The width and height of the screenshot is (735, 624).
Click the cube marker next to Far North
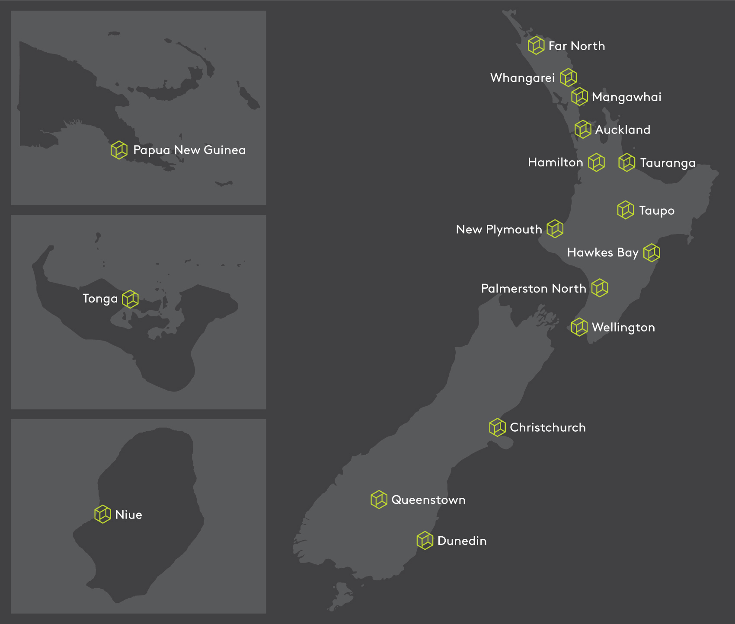[536, 45]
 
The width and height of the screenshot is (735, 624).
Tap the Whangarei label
[522, 78]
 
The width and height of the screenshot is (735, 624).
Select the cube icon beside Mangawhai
[579, 97]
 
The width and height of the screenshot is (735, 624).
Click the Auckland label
[623, 130]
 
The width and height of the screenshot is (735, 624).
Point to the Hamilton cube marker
[596, 162]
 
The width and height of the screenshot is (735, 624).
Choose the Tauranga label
[668, 163]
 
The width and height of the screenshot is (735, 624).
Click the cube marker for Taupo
[625, 210]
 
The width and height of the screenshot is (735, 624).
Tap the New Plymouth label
[499, 229]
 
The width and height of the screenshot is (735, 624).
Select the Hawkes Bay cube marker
[652, 253]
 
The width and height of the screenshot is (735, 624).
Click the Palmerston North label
[534, 289]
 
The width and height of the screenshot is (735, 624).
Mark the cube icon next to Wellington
[579, 327]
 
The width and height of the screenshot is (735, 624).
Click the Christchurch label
[548, 427]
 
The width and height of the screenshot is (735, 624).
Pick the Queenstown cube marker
[379, 500]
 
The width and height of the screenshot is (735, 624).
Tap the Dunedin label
[462, 541]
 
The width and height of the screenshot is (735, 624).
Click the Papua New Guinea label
[189, 150]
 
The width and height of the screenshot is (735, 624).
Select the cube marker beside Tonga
[130, 299]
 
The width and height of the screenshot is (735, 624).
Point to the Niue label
[128, 515]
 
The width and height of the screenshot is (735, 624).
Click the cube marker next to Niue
[103, 514]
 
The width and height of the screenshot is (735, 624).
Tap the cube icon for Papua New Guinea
[119, 150]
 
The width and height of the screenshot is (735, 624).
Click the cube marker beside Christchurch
[497, 427]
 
